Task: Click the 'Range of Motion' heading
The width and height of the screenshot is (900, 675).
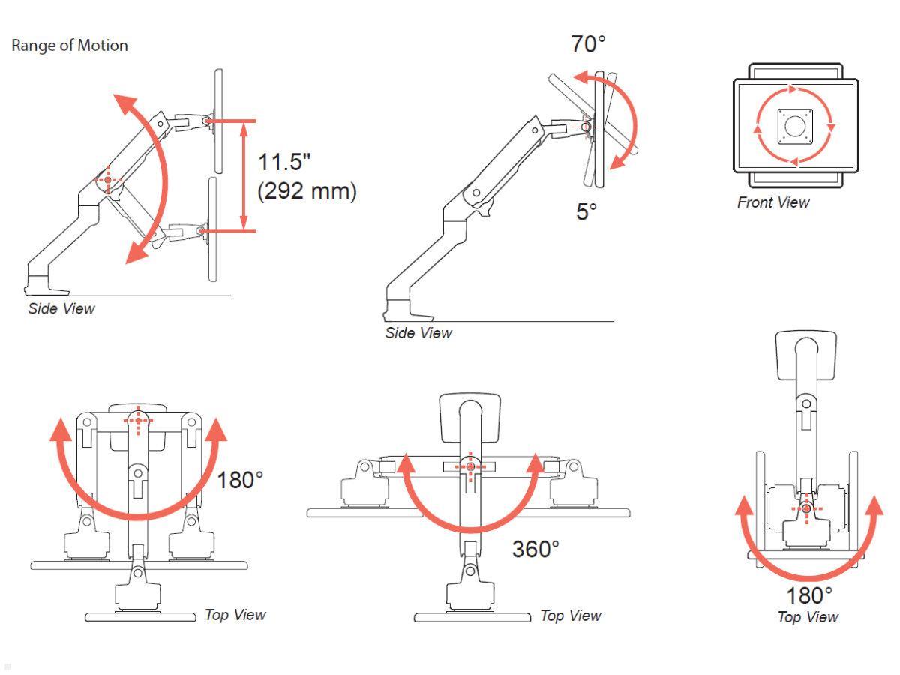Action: [x=69, y=46]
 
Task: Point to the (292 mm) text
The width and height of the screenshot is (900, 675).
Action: [x=307, y=191]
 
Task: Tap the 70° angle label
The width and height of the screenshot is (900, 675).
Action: [x=587, y=44]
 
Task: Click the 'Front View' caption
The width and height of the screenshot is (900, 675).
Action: [x=772, y=202]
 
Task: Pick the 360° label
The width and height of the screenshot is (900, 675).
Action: [x=535, y=549]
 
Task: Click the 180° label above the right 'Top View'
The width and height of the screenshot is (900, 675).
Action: [x=808, y=596]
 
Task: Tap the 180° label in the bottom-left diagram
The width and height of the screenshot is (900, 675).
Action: [x=240, y=480]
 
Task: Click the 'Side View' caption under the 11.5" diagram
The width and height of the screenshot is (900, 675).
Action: [x=61, y=308]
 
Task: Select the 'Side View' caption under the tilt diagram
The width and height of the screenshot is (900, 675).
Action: [x=418, y=333]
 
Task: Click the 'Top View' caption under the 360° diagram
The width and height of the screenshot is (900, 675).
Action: [x=570, y=616]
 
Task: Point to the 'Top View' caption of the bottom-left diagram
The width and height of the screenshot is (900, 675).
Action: [x=235, y=615]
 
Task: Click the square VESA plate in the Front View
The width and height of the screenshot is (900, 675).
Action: [x=794, y=127]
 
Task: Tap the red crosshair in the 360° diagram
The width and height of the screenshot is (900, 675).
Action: [x=470, y=466]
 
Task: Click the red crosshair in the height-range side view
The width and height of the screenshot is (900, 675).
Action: [x=108, y=180]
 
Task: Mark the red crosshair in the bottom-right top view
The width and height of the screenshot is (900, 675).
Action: [x=805, y=509]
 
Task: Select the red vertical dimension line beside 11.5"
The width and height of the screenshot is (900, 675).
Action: [x=244, y=175]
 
